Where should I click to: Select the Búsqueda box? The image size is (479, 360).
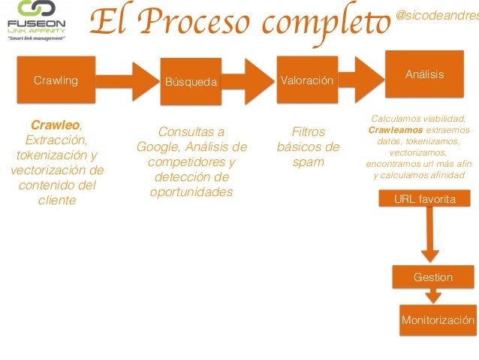point(192,80)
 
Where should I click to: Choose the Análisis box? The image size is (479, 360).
point(425,74)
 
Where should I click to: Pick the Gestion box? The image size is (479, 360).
point(433,277)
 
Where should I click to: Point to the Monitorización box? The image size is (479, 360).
point(438,319)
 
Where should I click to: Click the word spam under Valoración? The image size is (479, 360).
point(308,162)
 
